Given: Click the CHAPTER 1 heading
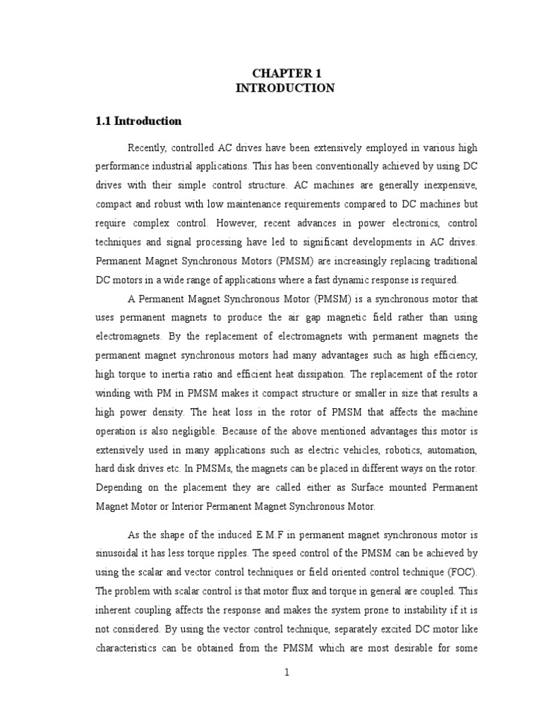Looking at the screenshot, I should click(x=285, y=73).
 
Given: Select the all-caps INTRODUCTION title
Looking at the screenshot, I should click(x=285, y=88).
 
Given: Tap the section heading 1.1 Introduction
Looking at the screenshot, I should click(x=138, y=121).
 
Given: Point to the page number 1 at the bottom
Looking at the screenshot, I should click(x=287, y=673).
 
